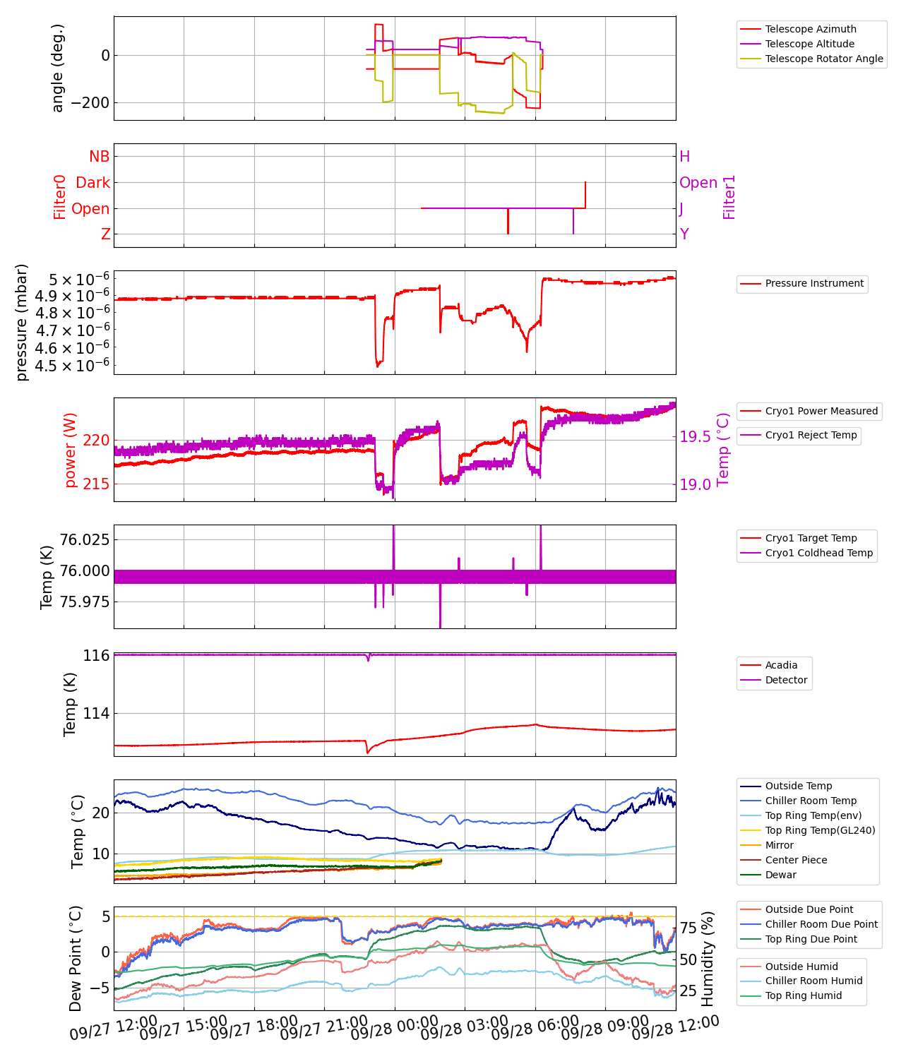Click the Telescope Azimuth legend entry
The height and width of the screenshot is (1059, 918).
click(811, 29)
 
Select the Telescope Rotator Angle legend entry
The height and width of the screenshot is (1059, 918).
click(823, 59)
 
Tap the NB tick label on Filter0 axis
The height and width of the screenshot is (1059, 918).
click(100, 157)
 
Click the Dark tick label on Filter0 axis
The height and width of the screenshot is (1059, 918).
click(93, 183)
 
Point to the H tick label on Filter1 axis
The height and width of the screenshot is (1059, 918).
click(684, 157)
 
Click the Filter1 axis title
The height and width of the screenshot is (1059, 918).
click(729, 197)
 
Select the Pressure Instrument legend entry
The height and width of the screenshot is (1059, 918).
click(813, 283)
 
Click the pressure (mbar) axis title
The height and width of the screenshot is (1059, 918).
click(22, 322)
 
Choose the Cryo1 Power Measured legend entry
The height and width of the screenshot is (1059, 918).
click(821, 411)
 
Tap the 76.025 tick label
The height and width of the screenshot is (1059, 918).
click(85, 539)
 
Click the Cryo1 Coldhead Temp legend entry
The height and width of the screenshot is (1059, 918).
click(818, 553)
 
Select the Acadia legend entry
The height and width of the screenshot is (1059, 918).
click(781, 665)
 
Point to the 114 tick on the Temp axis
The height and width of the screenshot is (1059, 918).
click(96, 714)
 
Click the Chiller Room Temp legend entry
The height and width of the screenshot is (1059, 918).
click(811, 801)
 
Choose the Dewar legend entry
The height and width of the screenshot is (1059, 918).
click(780, 875)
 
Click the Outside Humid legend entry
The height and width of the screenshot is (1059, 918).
click(801, 967)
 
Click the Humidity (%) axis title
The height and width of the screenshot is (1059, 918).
click(708, 958)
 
